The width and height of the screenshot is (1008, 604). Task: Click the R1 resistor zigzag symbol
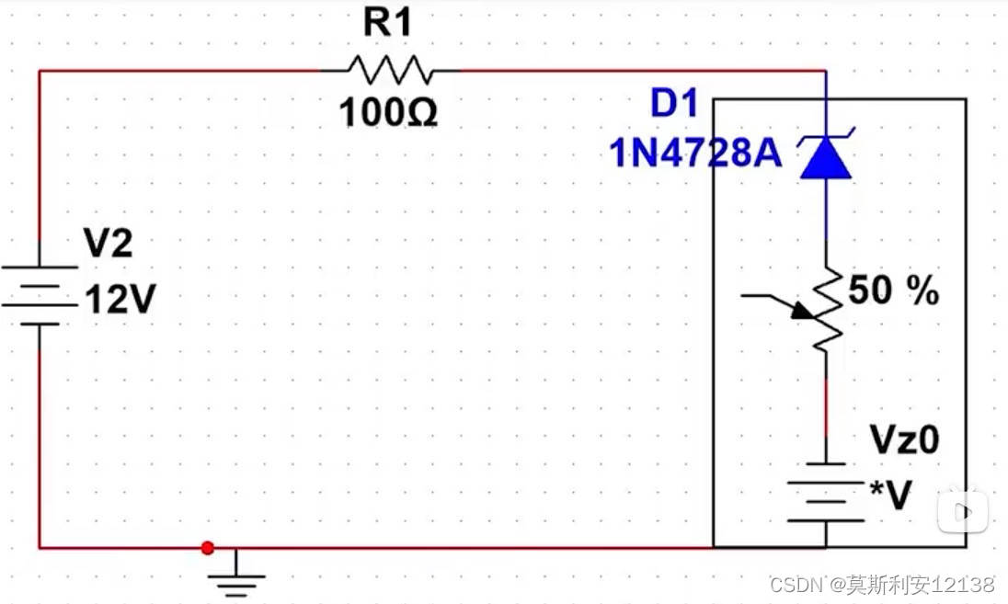[x=389, y=70]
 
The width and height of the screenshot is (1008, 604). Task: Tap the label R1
[x=388, y=24]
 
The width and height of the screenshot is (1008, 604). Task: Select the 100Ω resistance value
[x=388, y=113]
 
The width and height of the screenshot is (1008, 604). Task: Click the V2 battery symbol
[x=40, y=296]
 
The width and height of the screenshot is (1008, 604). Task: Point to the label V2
[x=109, y=245]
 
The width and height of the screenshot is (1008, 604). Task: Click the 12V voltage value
[x=119, y=300]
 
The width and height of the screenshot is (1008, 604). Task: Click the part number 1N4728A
[x=696, y=154]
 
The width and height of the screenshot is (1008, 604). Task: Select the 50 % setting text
[x=893, y=291]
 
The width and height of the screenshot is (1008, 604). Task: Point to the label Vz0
[x=904, y=440]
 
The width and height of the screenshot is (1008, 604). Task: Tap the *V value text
[x=890, y=496]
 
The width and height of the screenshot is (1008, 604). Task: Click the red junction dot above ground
[x=207, y=548]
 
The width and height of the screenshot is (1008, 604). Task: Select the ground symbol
[x=236, y=577]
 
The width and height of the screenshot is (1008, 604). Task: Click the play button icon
[x=962, y=510]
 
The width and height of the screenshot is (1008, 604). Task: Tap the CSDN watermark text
[x=797, y=585]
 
